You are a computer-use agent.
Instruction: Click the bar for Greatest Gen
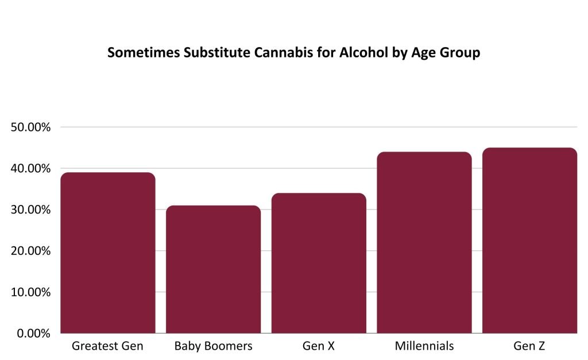[x=108, y=253]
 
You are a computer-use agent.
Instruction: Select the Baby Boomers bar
[x=213, y=269]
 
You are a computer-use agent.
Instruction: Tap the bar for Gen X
[x=319, y=263]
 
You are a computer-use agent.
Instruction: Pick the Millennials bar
[x=424, y=242]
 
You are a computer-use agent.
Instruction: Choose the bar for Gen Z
[x=529, y=241]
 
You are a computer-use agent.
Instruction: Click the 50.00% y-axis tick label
[x=31, y=127]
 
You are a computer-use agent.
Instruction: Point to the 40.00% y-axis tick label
[x=31, y=168]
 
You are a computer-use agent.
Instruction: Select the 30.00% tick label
[x=31, y=210]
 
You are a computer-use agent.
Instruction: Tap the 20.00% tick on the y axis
[x=31, y=251]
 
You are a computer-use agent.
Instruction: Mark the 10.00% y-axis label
[x=31, y=292]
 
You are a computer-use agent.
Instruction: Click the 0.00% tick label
[x=34, y=334]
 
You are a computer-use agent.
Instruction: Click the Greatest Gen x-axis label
[x=108, y=346]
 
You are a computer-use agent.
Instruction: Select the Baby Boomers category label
[x=213, y=346]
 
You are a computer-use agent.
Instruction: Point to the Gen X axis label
[x=319, y=346]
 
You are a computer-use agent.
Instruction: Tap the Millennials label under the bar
[x=424, y=346]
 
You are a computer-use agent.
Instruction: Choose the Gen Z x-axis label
[x=529, y=346]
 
